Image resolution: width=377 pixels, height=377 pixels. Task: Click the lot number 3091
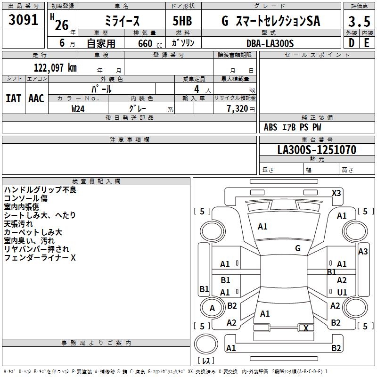pos(24,20)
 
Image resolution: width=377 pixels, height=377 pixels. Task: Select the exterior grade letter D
pos(351,42)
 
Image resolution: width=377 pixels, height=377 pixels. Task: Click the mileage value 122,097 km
pos(55,68)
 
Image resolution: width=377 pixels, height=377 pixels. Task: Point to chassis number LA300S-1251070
pos(317,150)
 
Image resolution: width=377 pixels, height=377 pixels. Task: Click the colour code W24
pos(78,108)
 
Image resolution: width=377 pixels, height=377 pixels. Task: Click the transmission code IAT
pos(13,98)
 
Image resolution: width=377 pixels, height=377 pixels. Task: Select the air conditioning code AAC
pos(36,98)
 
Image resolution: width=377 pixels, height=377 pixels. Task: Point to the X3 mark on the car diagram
pos(336,193)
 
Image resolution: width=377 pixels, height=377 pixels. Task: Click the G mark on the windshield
pos(298,248)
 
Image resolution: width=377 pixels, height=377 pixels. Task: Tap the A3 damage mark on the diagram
pos(362,252)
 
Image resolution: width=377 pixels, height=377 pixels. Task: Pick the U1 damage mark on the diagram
pos(342,293)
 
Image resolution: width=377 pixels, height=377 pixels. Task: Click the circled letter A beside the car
pos(212,308)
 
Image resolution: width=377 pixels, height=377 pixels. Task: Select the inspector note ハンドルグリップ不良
pos(40,190)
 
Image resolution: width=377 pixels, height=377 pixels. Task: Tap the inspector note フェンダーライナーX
pos(40,258)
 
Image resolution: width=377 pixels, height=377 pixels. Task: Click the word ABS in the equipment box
pos(270,127)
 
